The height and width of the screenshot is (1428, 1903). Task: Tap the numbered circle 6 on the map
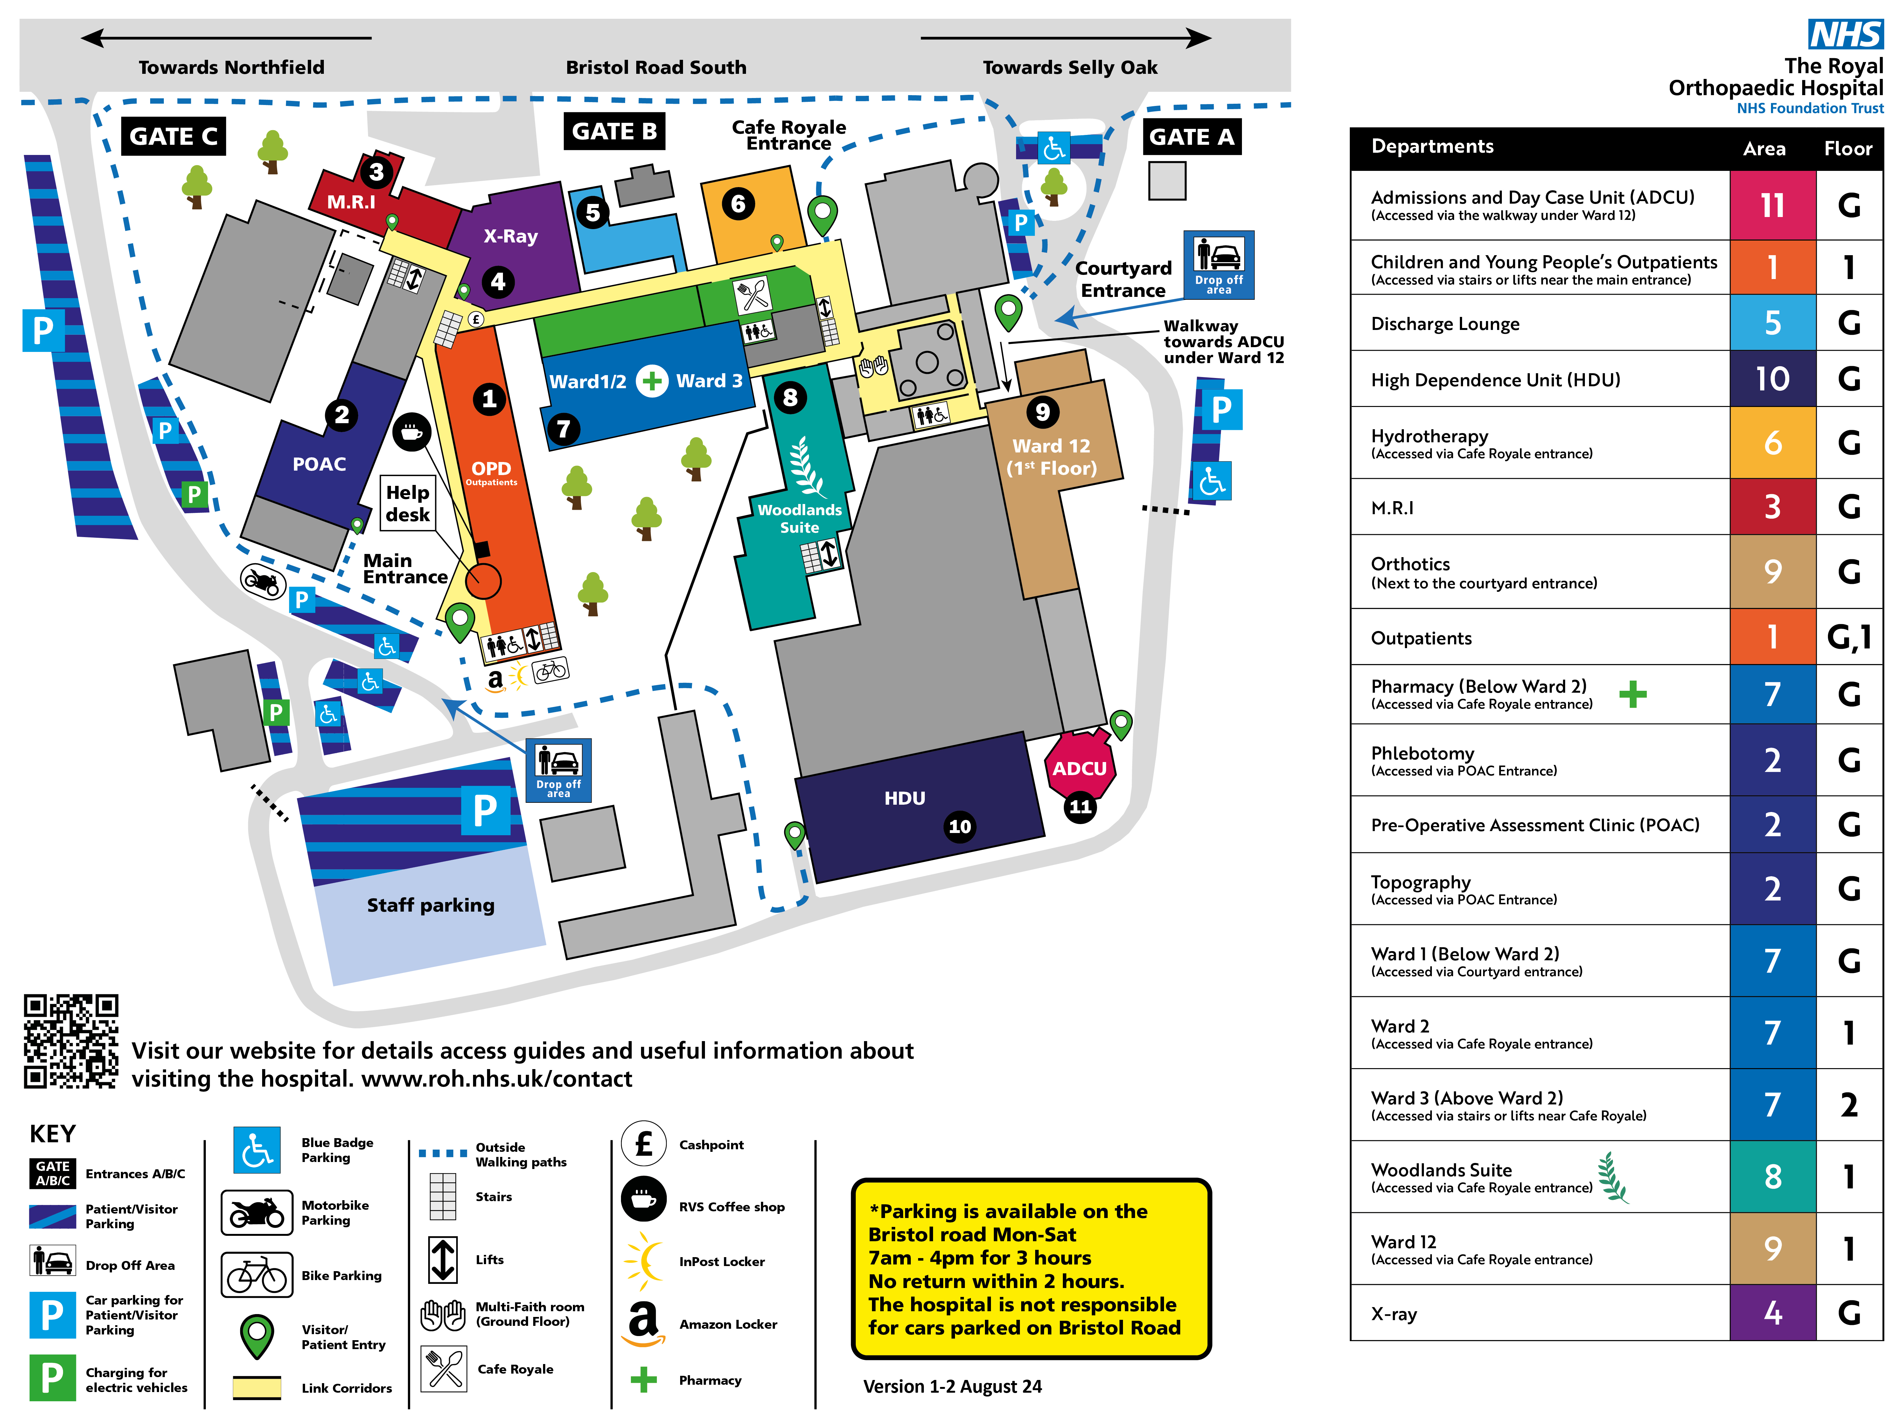[738, 204]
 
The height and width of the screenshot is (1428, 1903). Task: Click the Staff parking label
[430, 905]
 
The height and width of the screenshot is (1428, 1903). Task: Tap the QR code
[71, 1042]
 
